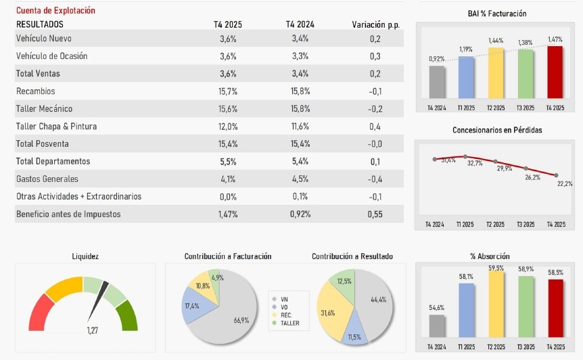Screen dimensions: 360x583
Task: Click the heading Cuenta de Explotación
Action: click(55, 11)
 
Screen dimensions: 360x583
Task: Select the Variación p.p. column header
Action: click(375, 24)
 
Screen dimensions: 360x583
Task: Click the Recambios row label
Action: click(35, 91)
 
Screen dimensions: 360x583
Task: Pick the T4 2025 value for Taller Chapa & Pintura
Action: click(228, 127)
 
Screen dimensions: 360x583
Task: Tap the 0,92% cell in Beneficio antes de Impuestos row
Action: click(300, 215)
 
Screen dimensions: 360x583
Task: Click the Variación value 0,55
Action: click(375, 215)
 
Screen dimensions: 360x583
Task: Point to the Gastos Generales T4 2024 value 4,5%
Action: click(300, 179)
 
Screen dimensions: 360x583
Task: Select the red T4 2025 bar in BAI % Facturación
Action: click(555, 73)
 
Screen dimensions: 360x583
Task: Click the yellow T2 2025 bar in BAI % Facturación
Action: click(496, 73)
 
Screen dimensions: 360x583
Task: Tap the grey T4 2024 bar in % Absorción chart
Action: click(437, 326)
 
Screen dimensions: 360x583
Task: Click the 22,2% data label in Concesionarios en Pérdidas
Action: click(565, 183)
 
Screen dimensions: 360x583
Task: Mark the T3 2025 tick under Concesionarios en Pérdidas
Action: click(525, 224)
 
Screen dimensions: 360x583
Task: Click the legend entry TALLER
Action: click(289, 323)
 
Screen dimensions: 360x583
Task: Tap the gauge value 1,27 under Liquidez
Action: click(93, 330)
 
